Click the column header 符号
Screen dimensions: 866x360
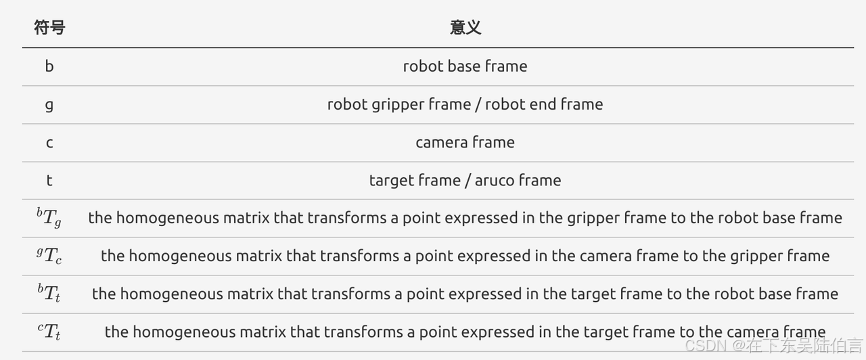[49, 28]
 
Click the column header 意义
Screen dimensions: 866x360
[465, 28]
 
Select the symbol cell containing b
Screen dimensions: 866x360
[49, 66]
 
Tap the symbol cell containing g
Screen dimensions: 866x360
[49, 105]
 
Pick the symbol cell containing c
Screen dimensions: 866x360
[49, 143]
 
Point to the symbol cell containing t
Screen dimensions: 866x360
[49, 181]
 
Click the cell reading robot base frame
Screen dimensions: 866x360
[465, 66]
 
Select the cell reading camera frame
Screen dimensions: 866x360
[465, 143]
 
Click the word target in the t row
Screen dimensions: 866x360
[390, 181]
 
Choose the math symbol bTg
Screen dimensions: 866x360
[49, 219]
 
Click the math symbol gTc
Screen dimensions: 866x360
[49, 256]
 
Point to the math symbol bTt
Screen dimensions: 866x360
[49, 294]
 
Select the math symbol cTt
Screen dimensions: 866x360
[49, 332]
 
